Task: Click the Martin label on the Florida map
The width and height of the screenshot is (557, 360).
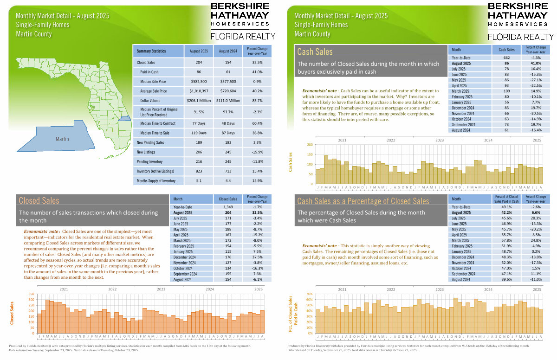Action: pyautogui.click(x=62, y=139)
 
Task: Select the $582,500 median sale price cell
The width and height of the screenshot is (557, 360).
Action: pyautogui.click(x=198, y=82)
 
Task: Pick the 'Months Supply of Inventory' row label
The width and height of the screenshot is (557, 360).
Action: pyautogui.click(x=156, y=181)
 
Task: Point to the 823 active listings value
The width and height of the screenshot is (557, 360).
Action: pyautogui.click(x=198, y=171)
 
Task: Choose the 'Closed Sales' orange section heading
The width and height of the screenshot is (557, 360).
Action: pyautogui.click(x=39, y=200)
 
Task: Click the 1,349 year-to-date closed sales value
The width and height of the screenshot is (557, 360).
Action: pyautogui.click(x=228, y=206)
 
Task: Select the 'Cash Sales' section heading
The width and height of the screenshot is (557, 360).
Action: pyautogui.click(x=315, y=52)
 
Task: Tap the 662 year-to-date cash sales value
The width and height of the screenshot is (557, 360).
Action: pyautogui.click(x=506, y=58)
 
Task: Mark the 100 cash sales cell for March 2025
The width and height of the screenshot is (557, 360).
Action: pyautogui.click(x=506, y=91)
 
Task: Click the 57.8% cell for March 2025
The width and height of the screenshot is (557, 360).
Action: pyautogui.click(x=506, y=241)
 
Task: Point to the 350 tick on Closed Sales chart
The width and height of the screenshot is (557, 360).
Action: pyautogui.click(x=31, y=294)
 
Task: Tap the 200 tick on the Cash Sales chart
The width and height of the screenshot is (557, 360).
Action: pyautogui.click(x=310, y=145)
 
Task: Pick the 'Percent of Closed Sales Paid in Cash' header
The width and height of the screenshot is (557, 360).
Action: pyautogui.click(x=506, y=199)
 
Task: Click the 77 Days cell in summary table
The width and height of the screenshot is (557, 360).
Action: pyautogui.click(x=198, y=123)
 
